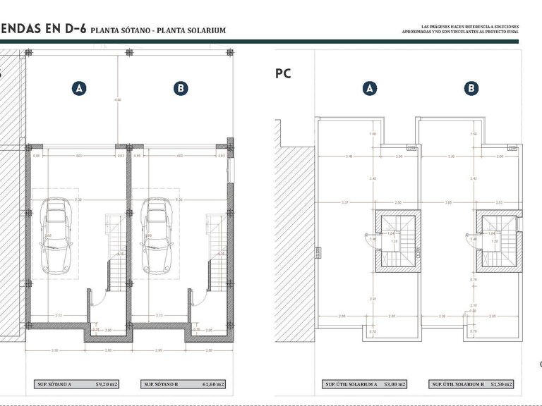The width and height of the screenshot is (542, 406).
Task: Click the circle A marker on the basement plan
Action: pos(80,89)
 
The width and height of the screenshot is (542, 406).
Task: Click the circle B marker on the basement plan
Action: pos(181,89)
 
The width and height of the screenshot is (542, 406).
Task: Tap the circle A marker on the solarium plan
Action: pos(369,89)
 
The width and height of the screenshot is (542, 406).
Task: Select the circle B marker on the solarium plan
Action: pos(471,89)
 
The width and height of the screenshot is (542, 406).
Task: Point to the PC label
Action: pos(282,73)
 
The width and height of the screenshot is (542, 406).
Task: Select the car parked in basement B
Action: pos(157,235)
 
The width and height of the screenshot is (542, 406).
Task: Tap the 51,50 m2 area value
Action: pos(503,384)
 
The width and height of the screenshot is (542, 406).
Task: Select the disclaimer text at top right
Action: pos(459,29)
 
